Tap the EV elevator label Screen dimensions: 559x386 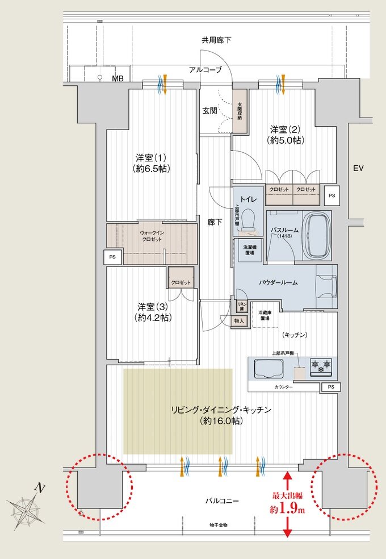coord(358,168)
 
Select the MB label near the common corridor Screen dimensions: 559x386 coord(118,78)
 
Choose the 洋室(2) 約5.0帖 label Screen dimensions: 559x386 coord(284,134)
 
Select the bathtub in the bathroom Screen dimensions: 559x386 coord(317,235)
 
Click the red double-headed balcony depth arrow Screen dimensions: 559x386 coord(287,503)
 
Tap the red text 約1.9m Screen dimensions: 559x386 coord(287,510)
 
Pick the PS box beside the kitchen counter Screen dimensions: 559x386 coord(329,387)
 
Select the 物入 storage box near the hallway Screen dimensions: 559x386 coord(239,321)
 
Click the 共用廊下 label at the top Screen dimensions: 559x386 coord(216,40)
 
